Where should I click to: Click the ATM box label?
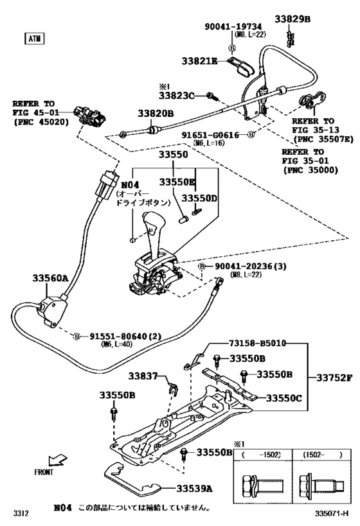(33, 39)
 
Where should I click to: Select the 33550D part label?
(199, 198)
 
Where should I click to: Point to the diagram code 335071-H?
(331, 513)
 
